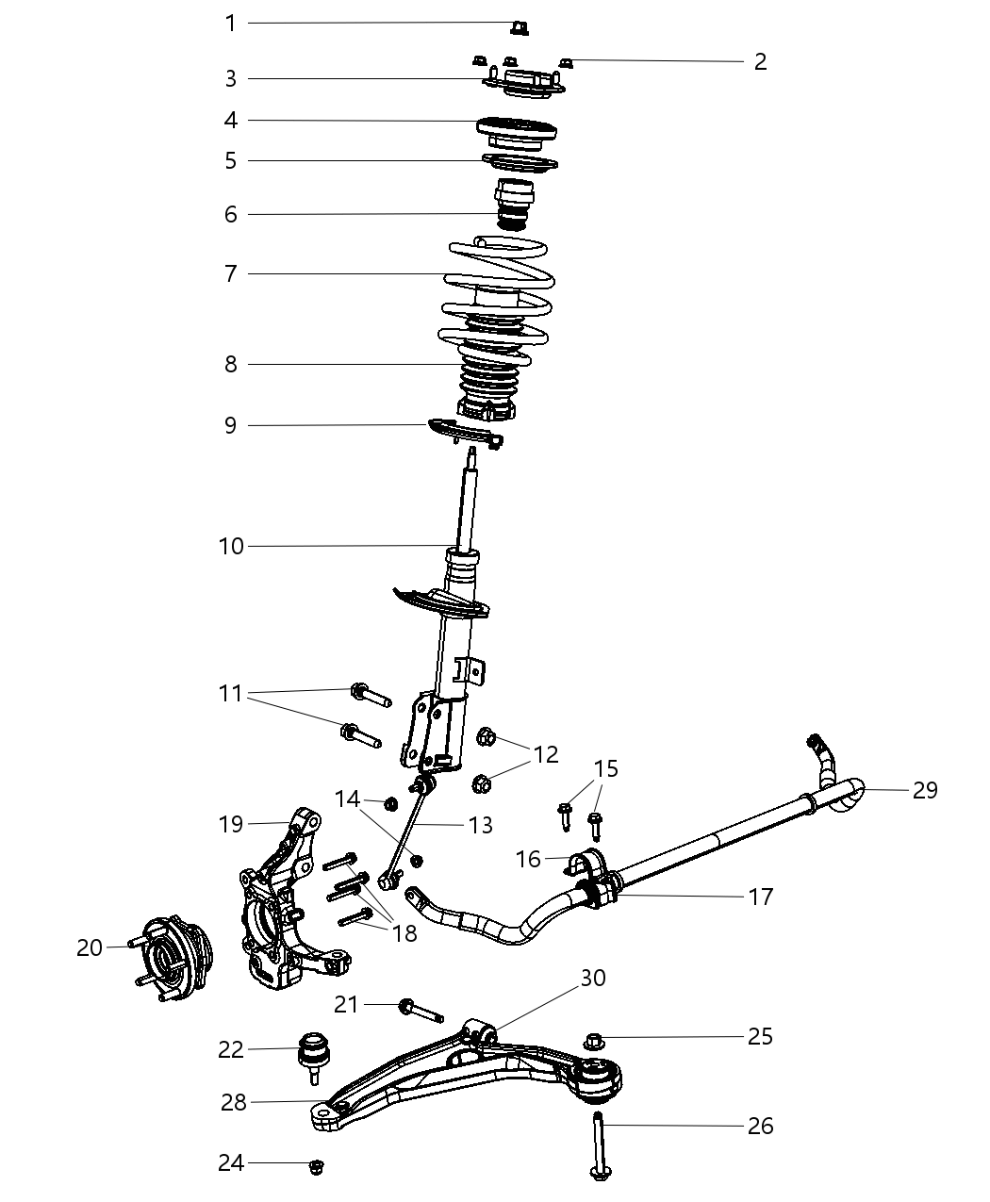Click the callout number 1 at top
coord(231,23)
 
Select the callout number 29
coord(925,790)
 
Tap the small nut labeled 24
coord(317,1167)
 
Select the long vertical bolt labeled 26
coord(599,1144)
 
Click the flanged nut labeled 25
coord(594,1042)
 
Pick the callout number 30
coord(593,979)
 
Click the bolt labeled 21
coord(420,1010)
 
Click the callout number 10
coord(231,546)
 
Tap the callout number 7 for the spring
coord(231,274)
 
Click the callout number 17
coord(760,897)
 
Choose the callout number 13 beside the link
coord(480,825)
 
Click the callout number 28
coord(234,1101)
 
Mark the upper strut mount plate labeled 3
coord(524,84)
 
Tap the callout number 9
coord(231,425)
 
